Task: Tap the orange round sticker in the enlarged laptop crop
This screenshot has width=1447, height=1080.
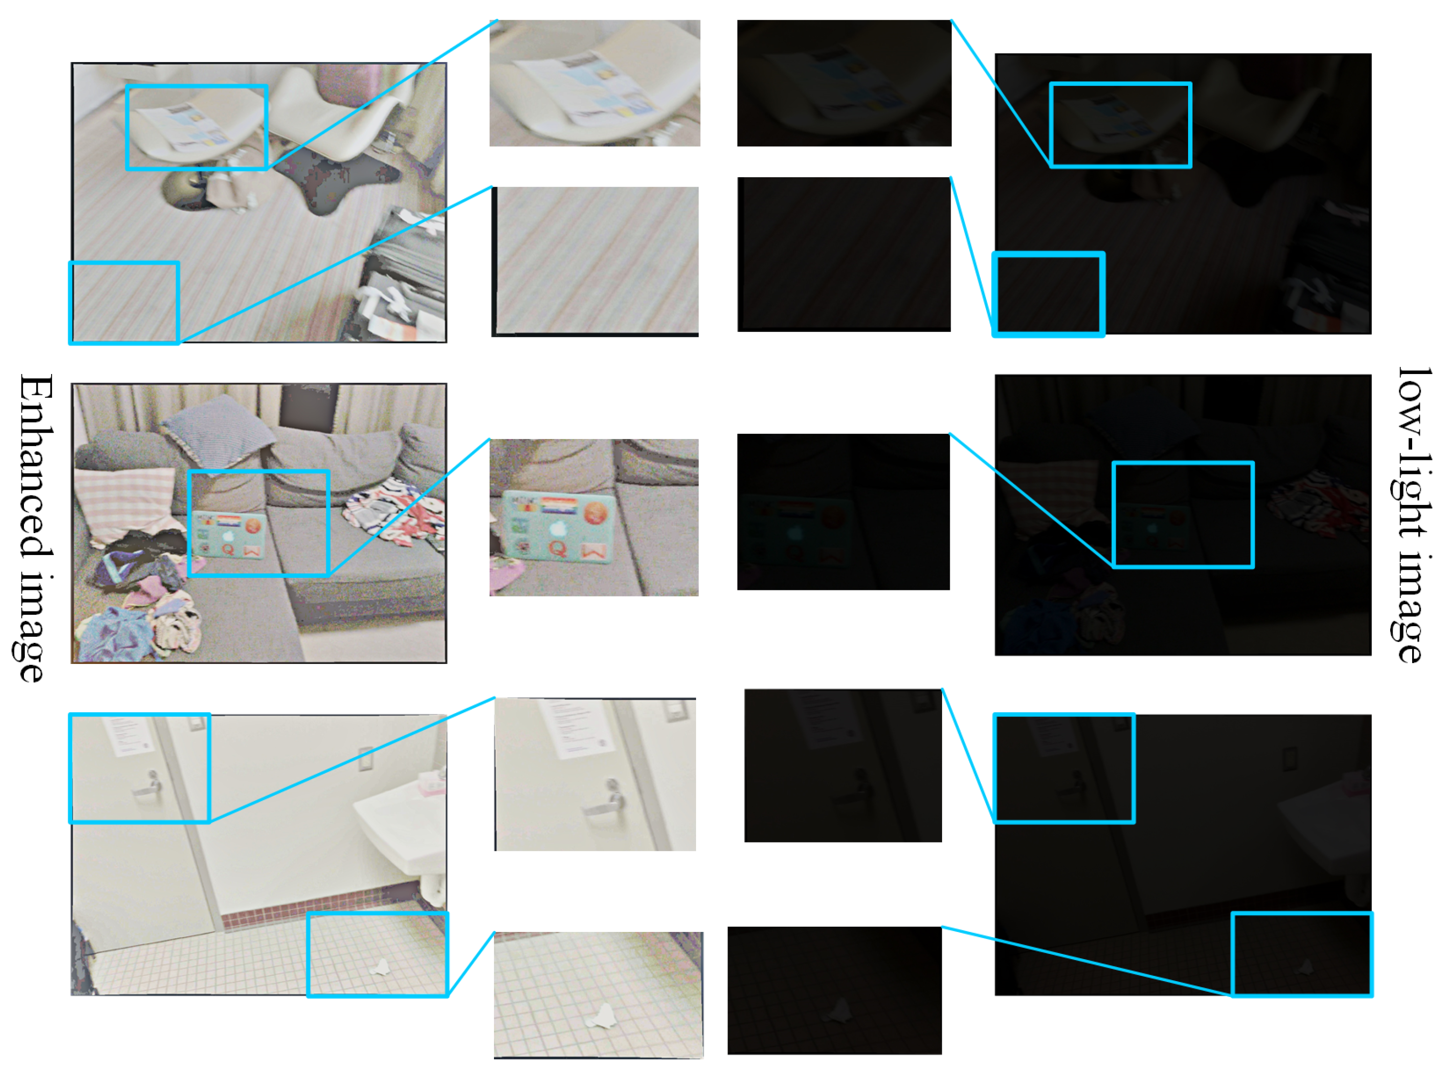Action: (595, 513)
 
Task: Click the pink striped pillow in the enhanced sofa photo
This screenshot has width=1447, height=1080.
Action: (124, 503)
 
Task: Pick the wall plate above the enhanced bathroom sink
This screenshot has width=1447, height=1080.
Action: (365, 759)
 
